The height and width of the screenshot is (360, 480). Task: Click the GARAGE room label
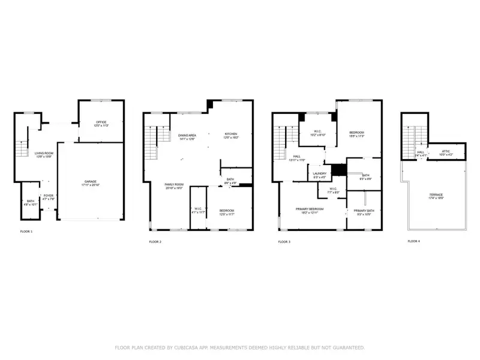(x=91, y=181)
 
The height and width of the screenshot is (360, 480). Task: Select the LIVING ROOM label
(x=44, y=154)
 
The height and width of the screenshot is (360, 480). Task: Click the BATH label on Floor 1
(x=30, y=201)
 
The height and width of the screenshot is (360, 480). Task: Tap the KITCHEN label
(x=232, y=134)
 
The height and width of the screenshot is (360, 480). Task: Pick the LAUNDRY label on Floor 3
(x=319, y=174)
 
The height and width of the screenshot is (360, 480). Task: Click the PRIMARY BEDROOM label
(x=310, y=209)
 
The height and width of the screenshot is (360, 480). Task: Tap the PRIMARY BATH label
(x=364, y=211)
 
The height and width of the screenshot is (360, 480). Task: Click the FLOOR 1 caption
(x=26, y=231)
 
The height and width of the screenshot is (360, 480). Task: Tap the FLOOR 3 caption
(x=284, y=242)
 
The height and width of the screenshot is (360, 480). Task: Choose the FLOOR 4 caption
(x=414, y=241)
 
